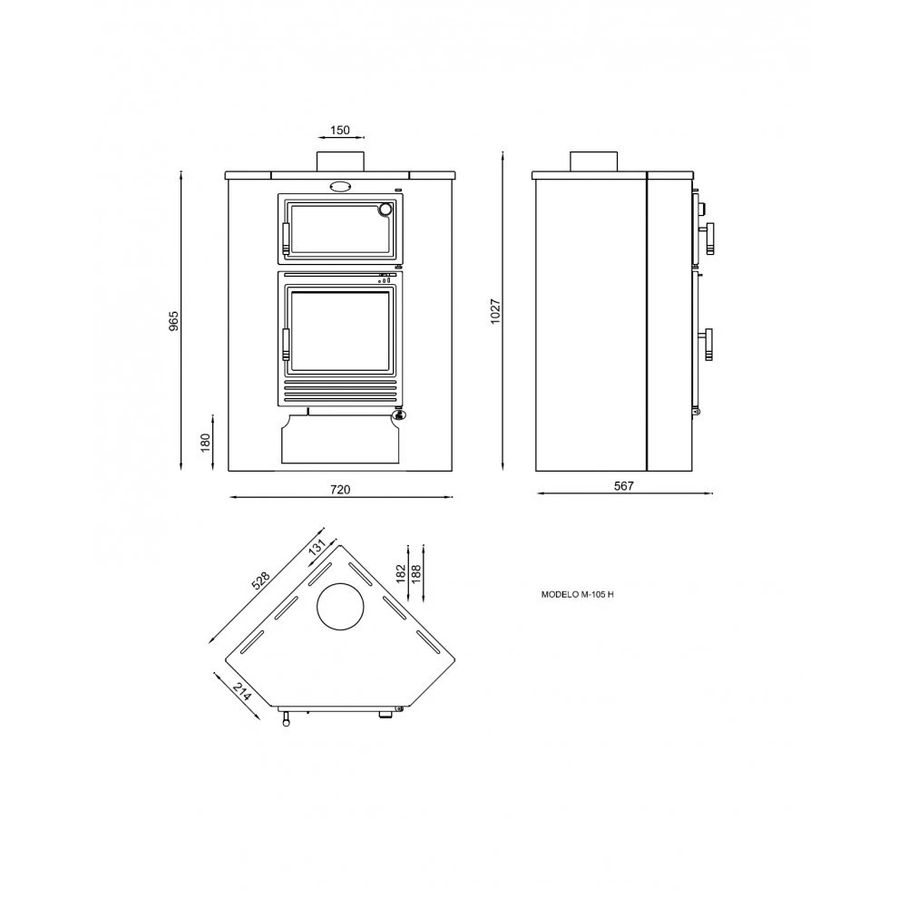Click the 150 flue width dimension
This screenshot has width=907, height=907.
(x=340, y=130)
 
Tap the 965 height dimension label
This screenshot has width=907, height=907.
(x=174, y=321)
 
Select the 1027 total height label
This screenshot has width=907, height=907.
(x=496, y=311)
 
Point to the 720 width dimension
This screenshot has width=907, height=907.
(x=340, y=490)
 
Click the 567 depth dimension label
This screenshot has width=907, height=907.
(x=624, y=486)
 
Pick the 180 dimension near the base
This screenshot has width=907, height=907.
(x=205, y=443)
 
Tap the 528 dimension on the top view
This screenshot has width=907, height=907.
(x=261, y=580)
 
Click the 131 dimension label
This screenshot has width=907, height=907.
(x=317, y=547)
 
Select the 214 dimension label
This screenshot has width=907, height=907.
(x=243, y=691)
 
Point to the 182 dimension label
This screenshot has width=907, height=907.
(x=402, y=574)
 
